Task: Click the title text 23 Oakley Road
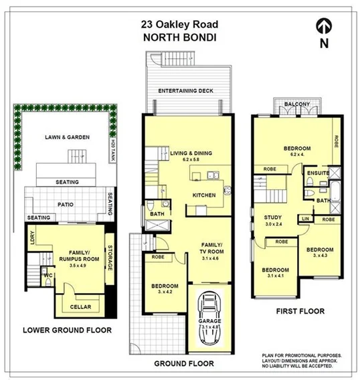[x=179, y=24]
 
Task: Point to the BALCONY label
[x=296, y=105]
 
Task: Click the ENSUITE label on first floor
[x=318, y=173]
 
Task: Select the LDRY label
[x=31, y=237]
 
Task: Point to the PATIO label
[x=65, y=204]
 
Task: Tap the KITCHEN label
[x=203, y=195]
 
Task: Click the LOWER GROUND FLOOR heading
[x=67, y=330]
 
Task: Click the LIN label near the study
[x=306, y=219]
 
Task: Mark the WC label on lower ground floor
[x=49, y=275]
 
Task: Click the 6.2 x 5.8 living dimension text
[x=191, y=161]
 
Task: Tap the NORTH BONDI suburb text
[x=179, y=37]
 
